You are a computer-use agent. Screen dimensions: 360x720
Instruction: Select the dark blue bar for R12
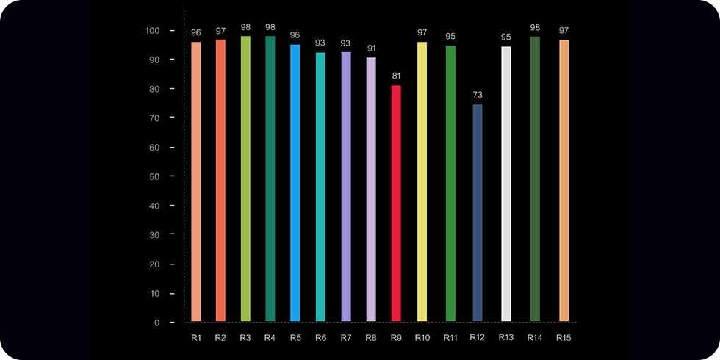click(478, 212)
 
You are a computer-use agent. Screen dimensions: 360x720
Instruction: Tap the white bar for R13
click(505, 184)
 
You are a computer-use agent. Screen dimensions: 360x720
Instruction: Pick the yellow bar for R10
click(422, 181)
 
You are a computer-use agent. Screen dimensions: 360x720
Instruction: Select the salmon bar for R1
click(196, 181)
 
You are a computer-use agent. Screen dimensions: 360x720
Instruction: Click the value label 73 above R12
click(478, 96)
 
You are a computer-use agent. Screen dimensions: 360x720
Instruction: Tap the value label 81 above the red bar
click(396, 76)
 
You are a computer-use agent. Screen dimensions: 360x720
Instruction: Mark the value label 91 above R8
click(371, 48)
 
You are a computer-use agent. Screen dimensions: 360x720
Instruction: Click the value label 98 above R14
click(535, 27)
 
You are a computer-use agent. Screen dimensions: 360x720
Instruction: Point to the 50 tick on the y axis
click(154, 176)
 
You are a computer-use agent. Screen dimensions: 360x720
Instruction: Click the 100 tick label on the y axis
click(152, 31)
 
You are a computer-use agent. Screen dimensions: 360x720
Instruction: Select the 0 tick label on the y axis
click(156, 323)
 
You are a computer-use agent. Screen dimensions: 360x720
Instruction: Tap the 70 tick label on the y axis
click(154, 118)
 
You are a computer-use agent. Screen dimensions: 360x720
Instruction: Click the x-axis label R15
click(564, 338)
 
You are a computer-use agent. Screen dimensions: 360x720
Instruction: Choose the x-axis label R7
click(346, 338)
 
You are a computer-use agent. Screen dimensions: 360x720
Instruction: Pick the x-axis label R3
click(245, 338)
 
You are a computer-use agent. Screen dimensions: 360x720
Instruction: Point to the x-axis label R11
click(450, 338)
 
